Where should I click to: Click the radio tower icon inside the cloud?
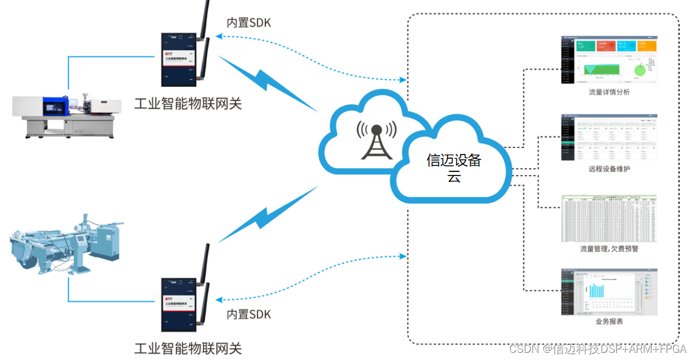click(x=376, y=141)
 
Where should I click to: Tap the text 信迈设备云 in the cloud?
click(x=453, y=168)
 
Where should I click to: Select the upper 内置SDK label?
click(x=249, y=23)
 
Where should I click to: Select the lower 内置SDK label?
click(x=249, y=314)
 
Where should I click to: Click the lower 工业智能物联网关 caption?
click(x=188, y=348)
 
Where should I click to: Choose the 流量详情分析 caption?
click(x=609, y=92)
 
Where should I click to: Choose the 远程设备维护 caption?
click(x=609, y=169)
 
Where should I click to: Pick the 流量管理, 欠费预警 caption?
click(x=609, y=248)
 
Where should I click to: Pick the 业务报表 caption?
click(x=609, y=322)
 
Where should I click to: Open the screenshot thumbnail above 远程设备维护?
click(x=609, y=137)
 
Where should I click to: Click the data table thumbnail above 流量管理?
click(x=609, y=218)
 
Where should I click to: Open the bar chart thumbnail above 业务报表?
click(x=609, y=292)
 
